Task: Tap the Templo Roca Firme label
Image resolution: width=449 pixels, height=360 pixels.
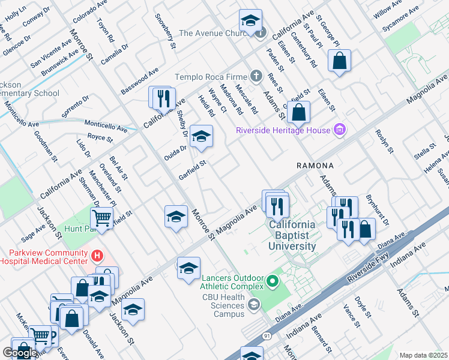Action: click(211, 76)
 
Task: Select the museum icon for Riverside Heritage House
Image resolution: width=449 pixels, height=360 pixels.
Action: click(339, 130)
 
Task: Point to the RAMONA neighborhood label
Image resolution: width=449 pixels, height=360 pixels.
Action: click(313, 164)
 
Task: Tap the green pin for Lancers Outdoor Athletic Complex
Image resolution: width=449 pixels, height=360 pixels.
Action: click(273, 280)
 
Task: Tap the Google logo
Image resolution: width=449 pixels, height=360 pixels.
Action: click(20, 353)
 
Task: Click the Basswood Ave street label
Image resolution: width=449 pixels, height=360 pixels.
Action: click(139, 79)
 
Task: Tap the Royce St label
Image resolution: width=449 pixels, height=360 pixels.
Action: click(100, 137)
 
